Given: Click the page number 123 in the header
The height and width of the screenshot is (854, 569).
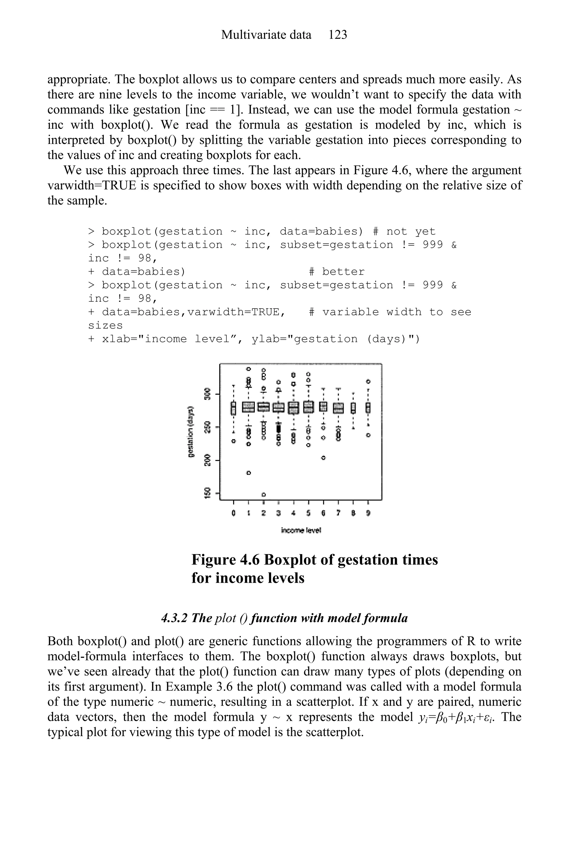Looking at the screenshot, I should coord(338,35).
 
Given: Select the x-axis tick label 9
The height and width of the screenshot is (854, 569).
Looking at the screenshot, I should coord(368,513).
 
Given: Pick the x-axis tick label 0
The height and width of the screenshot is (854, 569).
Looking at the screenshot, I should coord(234,513).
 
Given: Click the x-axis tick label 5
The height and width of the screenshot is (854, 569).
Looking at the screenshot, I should coord(308,513).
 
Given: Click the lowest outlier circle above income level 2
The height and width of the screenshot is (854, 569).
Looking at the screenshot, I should coord(264,495).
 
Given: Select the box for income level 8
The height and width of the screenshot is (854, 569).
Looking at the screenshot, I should coord(353,408).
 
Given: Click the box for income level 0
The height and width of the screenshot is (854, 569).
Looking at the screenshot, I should coord(234,408).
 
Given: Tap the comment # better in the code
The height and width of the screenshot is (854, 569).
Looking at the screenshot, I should coord(336,272).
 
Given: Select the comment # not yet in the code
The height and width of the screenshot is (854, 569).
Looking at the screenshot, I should coord(404,231).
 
